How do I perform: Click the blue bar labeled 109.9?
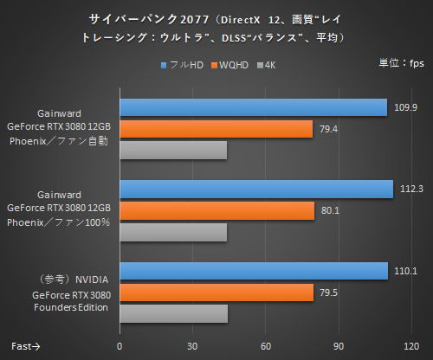(x=253, y=107)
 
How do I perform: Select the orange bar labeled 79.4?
(x=216, y=129)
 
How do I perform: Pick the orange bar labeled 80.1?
(x=216, y=210)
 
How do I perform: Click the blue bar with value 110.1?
(x=253, y=271)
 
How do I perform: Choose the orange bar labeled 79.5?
(x=216, y=292)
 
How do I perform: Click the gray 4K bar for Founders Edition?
(x=173, y=313)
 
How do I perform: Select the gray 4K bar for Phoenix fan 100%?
(x=173, y=232)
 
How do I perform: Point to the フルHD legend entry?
(x=184, y=64)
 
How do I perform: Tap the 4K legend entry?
(x=268, y=64)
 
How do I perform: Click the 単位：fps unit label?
(x=400, y=62)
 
